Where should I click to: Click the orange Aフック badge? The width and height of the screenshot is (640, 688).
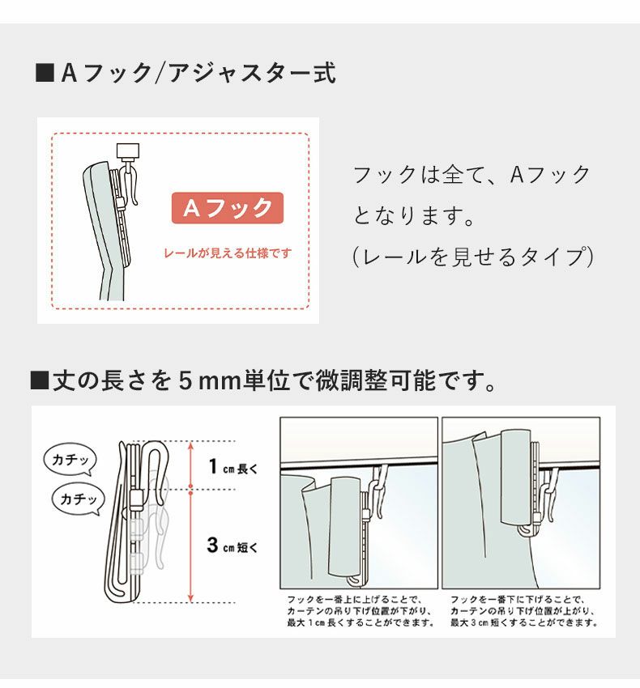(227, 208)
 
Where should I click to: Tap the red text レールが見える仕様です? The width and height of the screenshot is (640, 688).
(227, 253)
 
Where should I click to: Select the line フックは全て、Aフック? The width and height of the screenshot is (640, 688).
(472, 175)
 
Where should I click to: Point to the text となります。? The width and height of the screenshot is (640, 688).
(412, 216)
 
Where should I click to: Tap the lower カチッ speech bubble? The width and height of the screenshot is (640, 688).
(78, 499)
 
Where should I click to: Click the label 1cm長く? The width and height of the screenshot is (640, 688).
(233, 467)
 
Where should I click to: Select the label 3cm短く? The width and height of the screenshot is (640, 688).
(233, 546)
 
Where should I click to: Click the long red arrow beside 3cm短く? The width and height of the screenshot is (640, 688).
(190, 546)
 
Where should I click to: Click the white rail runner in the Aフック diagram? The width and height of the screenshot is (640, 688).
(128, 151)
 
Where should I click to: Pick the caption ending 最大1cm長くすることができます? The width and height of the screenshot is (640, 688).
(360, 612)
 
